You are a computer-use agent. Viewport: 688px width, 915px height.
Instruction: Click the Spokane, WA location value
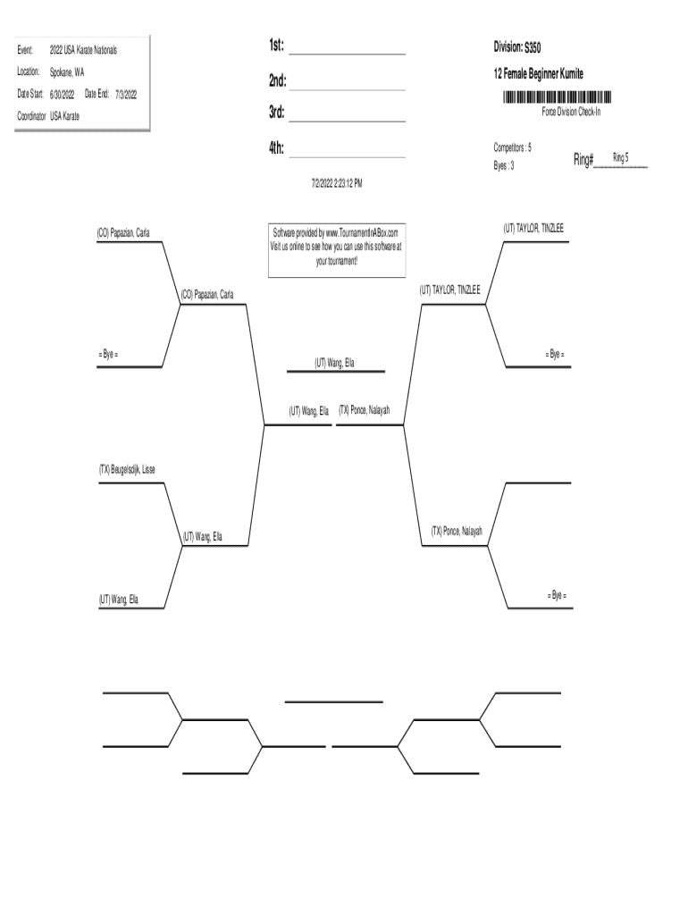click(67, 71)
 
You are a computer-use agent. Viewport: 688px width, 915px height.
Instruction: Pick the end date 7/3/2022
click(124, 94)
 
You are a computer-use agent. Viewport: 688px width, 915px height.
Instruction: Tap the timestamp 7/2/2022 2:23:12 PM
click(336, 182)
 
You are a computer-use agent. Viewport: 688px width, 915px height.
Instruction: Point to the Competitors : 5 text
click(513, 147)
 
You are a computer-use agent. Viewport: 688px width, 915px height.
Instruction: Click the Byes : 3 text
click(504, 165)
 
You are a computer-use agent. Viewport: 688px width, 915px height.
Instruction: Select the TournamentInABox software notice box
click(336, 251)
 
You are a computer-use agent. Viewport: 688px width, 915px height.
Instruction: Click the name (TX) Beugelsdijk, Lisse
click(127, 469)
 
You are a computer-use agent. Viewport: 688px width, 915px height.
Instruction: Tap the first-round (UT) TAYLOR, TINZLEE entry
click(533, 229)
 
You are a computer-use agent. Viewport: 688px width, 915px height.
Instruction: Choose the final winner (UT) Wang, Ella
click(335, 363)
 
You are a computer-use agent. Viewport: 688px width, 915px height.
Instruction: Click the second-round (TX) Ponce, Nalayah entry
click(457, 531)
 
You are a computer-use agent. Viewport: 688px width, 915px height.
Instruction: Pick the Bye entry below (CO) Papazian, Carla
click(108, 355)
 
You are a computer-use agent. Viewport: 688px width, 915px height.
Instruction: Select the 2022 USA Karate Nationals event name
click(83, 50)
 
